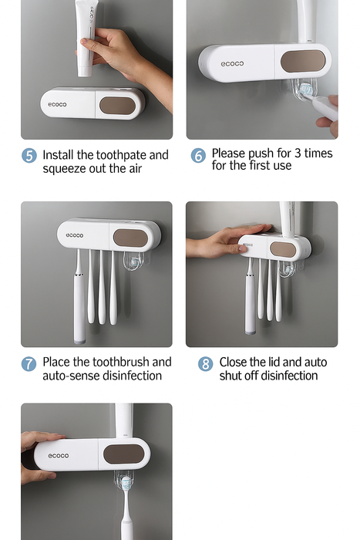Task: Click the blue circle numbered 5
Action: click(x=29, y=156)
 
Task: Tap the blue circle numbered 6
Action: click(x=198, y=156)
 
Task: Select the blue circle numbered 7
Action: click(x=29, y=364)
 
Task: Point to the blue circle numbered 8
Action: click(x=206, y=364)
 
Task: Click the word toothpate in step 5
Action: click(x=113, y=155)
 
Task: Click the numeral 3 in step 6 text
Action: click(x=298, y=154)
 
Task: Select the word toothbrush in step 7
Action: click(x=121, y=362)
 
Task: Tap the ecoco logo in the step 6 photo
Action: click(x=232, y=64)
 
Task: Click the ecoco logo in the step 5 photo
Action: click(x=57, y=104)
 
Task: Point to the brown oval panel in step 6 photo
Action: click(x=303, y=61)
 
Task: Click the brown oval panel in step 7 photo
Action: click(x=131, y=238)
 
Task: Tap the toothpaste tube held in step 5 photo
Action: click(x=86, y=38)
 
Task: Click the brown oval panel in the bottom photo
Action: click(x=124, y=454)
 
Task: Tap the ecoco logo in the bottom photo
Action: click(x=59, y=456)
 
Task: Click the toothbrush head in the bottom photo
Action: click(x=126, y=484)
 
